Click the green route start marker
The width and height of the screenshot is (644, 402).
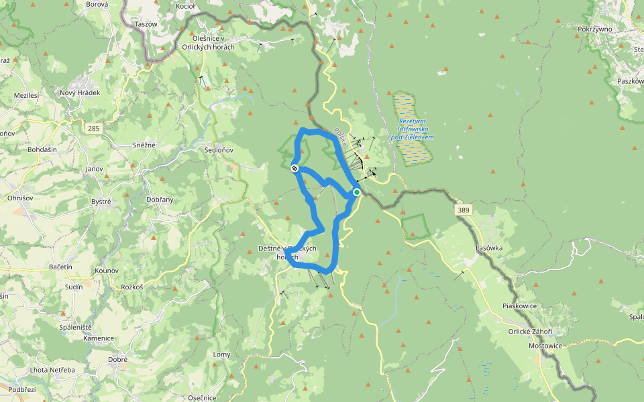tap(357, 192)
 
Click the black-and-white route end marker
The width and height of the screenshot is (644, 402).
tap(294, 168)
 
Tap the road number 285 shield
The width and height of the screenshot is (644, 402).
tap(93, 127)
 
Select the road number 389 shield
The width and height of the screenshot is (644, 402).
tap(464, 210)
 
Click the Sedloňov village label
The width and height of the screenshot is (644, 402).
tap(219, 150)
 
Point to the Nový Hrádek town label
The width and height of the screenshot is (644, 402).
tap(80, 93)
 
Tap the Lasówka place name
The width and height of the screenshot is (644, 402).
tap(489, 248)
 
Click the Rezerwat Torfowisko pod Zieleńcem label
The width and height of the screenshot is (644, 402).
tap(412, 127)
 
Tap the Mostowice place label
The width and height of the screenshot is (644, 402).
tap(545, 346)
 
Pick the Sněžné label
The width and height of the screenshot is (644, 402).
tap(144, 145)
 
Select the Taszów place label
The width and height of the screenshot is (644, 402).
tap(146, 24)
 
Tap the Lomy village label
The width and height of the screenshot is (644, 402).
tap(221, 354)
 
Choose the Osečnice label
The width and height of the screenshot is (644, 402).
tap(201, 397)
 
